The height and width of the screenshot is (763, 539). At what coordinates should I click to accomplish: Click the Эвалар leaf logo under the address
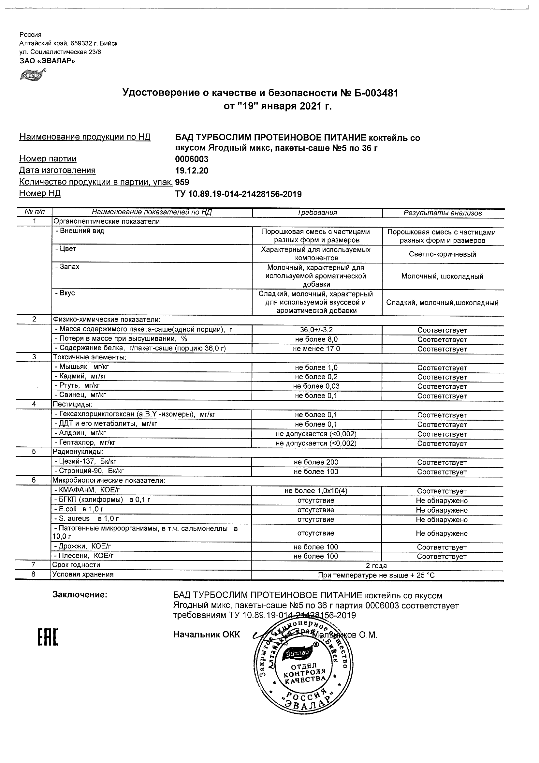pos(33,75)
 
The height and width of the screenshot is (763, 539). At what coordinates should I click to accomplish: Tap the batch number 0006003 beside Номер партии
pos(192,159)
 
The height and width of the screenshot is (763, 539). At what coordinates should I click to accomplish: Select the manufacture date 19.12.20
pos(192,171)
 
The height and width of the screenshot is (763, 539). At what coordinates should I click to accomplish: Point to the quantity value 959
pos(182,182)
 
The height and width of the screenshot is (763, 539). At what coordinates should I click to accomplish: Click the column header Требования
pos(317,213)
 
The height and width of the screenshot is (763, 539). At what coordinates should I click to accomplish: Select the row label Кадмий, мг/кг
pos(81,376)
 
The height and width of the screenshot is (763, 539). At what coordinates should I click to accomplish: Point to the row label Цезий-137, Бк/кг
pos(85,461)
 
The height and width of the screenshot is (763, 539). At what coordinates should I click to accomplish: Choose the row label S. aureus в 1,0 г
pos(87,518)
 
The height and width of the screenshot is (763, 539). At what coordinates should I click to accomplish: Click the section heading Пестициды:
pos(72,404)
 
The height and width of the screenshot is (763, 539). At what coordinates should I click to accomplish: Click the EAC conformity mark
pos(48,638)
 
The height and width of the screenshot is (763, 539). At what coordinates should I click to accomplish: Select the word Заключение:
pos(80,595)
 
